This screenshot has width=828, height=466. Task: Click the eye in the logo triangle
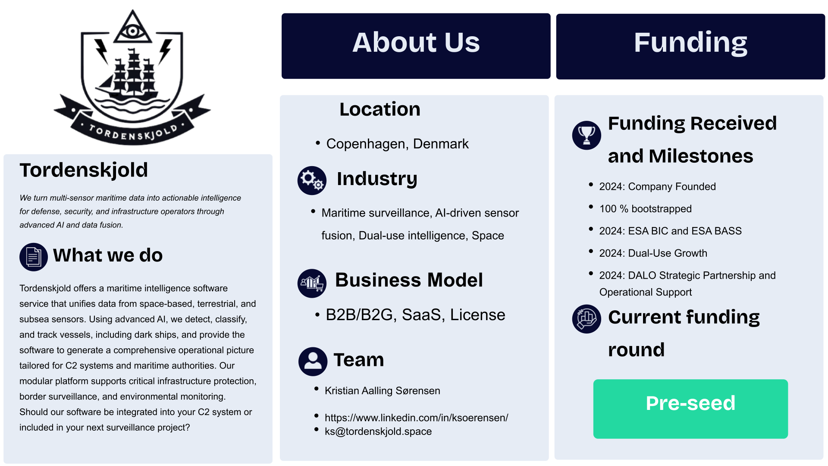[132, 31]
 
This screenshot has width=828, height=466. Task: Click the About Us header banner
[416, 46]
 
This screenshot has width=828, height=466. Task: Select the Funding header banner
[690, 46]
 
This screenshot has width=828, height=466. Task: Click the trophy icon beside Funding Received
[586, 135]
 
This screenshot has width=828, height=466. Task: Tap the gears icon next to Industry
[312, 180]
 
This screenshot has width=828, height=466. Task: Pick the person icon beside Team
[313, 361]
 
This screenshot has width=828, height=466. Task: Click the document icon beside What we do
[33, 257]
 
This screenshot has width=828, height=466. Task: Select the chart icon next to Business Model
[312, 283]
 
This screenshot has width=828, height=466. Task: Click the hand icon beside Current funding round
[586, 319]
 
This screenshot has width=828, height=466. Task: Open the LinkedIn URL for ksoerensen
[416, 418]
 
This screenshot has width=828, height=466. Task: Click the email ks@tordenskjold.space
[378, 431]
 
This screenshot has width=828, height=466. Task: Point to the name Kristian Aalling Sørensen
[382, 390]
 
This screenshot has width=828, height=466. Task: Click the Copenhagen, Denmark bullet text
[397, 144]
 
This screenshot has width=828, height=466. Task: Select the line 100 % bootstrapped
[645, 209]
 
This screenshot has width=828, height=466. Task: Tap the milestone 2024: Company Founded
[657, 186]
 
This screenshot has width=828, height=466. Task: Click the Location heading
[379, 109]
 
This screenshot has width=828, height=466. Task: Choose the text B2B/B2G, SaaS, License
[415, 315]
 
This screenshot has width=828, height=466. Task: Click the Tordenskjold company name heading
[84, 170]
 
